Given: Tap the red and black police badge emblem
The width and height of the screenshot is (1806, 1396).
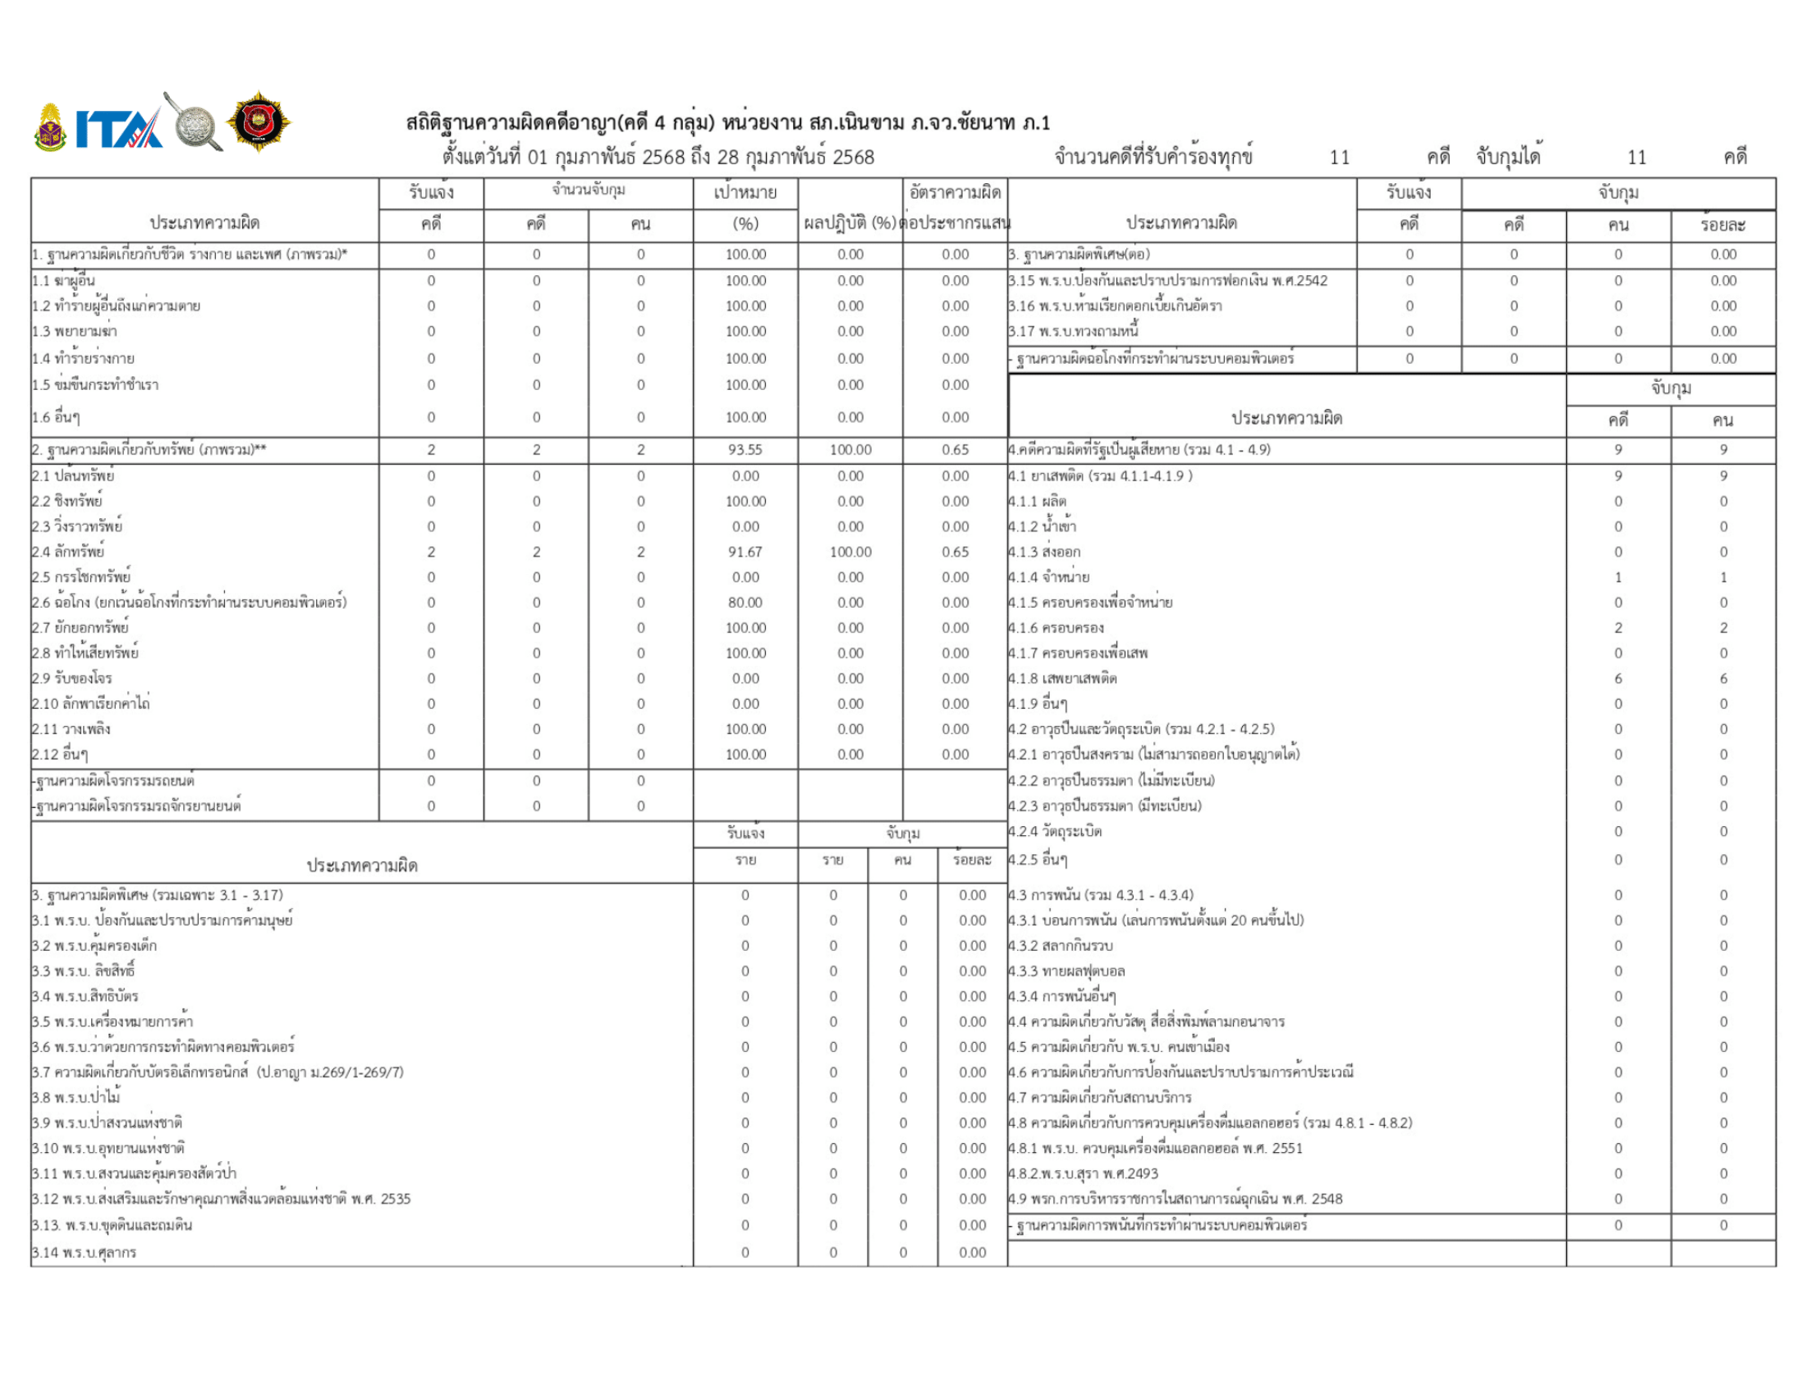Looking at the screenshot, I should tap(258, 122).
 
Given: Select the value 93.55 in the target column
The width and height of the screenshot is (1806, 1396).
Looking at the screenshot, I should tap(745, 450).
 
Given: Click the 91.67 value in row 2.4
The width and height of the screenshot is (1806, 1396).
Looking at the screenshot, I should tap(745, 552).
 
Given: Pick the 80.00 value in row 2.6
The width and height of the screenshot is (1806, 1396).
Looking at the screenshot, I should tap(745, 602).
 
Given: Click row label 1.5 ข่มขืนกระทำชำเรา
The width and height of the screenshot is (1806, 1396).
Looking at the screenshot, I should tap(95, 385).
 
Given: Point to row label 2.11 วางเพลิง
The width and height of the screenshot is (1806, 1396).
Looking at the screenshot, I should tap(71, 729).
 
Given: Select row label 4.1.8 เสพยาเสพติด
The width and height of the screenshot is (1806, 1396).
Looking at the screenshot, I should tap(1061, 679).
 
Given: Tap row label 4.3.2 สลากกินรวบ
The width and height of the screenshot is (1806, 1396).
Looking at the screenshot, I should tap(1060, 946).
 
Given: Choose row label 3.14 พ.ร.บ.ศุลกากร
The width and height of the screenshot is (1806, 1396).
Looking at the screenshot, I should tap(84, 1253).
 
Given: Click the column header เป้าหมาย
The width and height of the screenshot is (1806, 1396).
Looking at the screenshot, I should tap(745, 193).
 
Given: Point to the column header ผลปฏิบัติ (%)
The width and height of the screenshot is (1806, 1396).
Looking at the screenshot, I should tap(850, 223).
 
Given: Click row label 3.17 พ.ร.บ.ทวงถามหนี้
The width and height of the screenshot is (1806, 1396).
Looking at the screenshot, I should tap(1073, 332).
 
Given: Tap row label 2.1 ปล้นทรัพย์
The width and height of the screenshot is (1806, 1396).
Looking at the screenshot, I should tap(73, 476).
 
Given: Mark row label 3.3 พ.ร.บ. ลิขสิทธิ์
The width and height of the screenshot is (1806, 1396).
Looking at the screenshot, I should tap(83, 971).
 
